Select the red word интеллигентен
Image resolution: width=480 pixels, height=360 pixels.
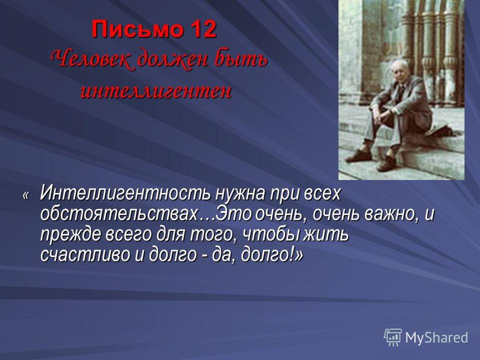pyautogui.click(x=156, y=91)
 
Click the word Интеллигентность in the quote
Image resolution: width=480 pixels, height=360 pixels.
pyautogui.click(x=126, y=193)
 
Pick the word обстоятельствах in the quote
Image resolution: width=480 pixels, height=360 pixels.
pyautogui.click(x=119, y=214)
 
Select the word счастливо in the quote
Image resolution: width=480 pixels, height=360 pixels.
pyautogui.click(x=85, y=255)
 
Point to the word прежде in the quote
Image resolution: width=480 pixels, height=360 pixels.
pyautogui.click(x=70, y=235)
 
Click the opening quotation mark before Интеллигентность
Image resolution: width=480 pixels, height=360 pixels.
pyautogui.click(x=26, y=195)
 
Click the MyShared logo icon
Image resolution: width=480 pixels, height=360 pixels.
pyautogui.click(x=393, y=337)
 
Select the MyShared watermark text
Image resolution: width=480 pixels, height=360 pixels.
pyautogui.click(x=437, y=337)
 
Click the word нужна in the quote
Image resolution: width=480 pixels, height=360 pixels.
pyautogui.click(x=240, y=193)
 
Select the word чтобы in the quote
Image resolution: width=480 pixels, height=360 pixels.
pyautogui.click(x=270, y=234)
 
